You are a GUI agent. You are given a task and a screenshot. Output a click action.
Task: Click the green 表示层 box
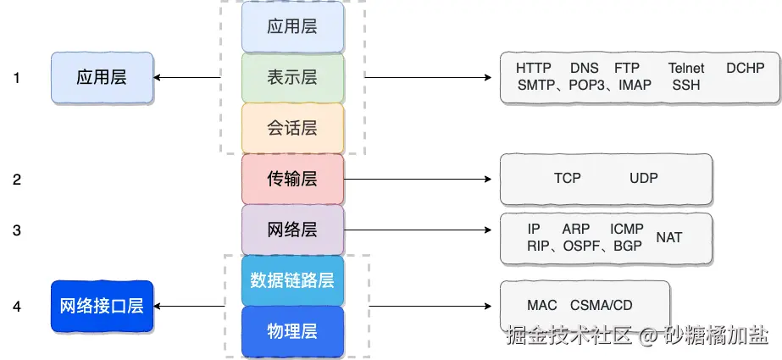point(293,78)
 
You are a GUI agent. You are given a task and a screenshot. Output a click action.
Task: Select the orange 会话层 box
point(293,128)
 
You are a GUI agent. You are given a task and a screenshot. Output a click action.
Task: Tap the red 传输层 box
point(293,179)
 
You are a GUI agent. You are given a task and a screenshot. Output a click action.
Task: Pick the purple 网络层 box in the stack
point(293,230)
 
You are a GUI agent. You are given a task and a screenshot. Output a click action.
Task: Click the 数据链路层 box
point(293,280)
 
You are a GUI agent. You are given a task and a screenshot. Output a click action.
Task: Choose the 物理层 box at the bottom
point(293,331)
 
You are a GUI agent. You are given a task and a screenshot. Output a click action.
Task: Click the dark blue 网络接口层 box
point(102,306)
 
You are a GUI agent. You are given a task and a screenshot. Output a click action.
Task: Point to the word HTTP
point(534,69)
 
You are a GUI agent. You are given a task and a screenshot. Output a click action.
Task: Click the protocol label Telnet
point(686,69)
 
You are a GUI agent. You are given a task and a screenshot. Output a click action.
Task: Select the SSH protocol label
point(686,86)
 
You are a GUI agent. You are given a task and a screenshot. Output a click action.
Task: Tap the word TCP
point(567,178)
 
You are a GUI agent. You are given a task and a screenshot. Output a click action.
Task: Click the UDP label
point(643,178)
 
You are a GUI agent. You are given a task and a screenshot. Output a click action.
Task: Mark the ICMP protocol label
point(626,229)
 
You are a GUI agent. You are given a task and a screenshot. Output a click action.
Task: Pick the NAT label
point(668,237)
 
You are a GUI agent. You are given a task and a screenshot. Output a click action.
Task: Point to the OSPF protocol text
point(581,246)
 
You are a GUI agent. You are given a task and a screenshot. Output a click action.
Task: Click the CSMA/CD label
point(601,305)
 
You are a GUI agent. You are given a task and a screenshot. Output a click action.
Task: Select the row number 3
point(17,230)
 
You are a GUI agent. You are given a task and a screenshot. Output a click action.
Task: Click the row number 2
point(17,180)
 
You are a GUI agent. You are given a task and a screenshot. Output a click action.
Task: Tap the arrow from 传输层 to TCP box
point(418,179)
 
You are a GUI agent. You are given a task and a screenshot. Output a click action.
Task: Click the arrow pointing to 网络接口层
point(189,306)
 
